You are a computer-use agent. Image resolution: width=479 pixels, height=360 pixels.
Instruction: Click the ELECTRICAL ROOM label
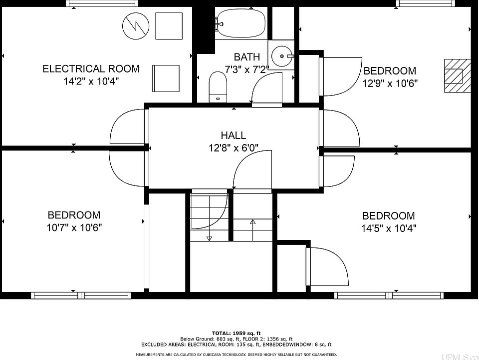91,68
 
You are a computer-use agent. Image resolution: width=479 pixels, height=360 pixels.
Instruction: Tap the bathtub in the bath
241,23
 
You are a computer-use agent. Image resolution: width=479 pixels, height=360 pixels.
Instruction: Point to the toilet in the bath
218,87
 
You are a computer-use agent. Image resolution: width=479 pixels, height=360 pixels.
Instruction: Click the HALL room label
234,135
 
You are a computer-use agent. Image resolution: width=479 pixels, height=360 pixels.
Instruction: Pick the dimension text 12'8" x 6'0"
234,148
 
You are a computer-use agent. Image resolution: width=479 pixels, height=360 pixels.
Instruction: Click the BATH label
247,57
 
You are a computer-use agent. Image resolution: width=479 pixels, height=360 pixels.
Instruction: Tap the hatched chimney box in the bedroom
458,75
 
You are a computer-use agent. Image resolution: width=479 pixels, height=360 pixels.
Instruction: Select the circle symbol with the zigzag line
136,25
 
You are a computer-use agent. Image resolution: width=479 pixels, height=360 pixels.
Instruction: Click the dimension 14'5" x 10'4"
389,228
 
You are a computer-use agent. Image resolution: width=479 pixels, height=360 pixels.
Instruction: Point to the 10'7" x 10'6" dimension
74,227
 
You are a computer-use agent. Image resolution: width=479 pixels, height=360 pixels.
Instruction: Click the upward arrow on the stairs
252,230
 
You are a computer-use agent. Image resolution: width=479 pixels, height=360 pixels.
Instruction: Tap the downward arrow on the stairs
209,218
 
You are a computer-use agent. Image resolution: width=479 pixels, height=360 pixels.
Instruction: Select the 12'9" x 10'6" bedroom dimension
390,83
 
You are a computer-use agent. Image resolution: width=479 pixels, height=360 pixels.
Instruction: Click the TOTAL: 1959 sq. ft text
237,333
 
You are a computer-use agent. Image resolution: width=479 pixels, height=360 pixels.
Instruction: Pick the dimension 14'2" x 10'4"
91,81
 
